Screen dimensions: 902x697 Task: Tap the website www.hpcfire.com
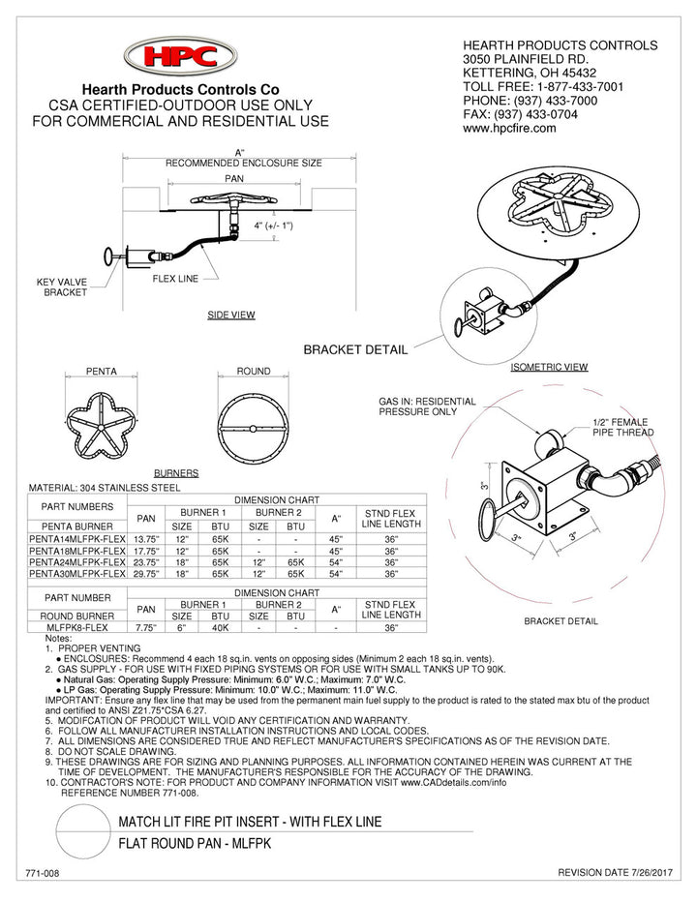[x=509, y=128]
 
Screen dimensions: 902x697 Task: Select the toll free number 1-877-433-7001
[x=572, y=86]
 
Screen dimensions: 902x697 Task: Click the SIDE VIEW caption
[x=231, y=316]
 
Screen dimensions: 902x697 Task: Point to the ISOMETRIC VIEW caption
[x=549, y=368]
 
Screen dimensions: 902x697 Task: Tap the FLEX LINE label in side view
[x=175, y=279]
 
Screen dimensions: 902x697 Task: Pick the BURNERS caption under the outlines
[x=176, y=473]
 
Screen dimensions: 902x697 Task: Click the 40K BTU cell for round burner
[x=220, y=627]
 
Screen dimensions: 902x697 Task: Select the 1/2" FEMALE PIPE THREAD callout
[x=622, y=427]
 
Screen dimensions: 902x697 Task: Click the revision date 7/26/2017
[x=617, y=874]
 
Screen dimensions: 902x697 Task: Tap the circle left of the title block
[x=83, y=832]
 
